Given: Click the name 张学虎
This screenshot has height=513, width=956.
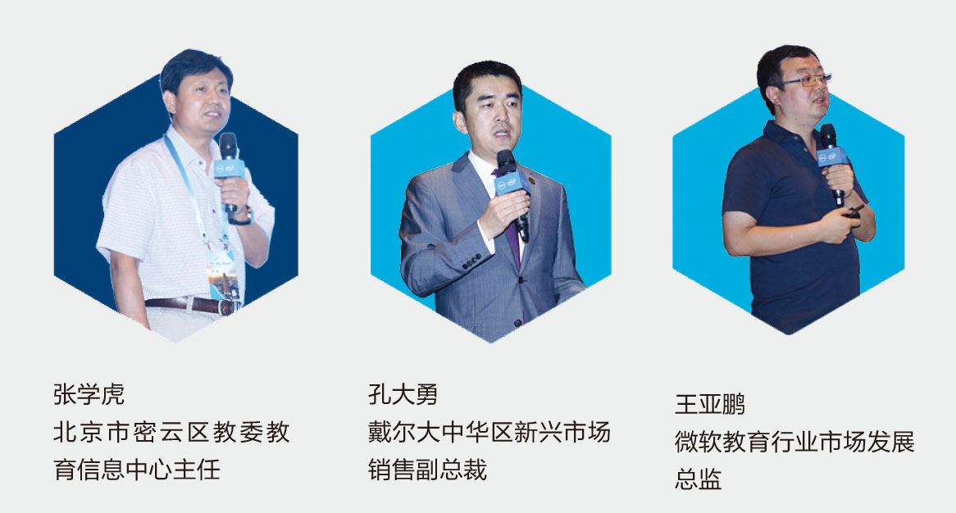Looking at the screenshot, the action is point(89,394).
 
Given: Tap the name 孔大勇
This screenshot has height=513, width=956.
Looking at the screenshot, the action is point(403,394).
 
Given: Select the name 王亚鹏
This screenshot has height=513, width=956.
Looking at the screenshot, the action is point(710,404).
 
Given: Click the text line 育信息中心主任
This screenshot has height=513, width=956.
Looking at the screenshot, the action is point(137,470).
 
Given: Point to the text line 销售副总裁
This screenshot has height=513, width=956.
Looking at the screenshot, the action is point(427,470).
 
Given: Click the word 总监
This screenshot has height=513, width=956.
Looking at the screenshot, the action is point(698,479).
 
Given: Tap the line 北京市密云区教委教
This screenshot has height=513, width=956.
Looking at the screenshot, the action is point(171,432).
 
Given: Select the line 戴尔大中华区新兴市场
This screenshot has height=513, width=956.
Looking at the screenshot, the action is point(489,432).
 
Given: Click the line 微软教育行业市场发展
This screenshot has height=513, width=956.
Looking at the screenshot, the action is point(795,442).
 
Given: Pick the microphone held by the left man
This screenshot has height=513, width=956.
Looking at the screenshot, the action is point(229,165).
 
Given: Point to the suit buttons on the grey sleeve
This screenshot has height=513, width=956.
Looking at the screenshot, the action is point(471,264).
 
